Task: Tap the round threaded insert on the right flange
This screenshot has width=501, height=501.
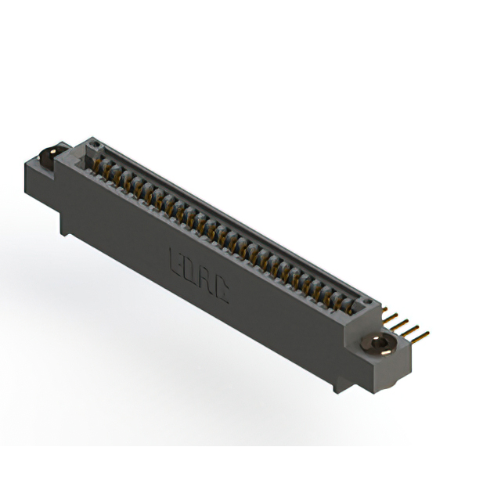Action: (x=380, y=344)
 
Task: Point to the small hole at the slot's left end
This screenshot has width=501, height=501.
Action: (x=94, y=146)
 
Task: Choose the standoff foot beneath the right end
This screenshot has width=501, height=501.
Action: (x=338, y=385)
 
